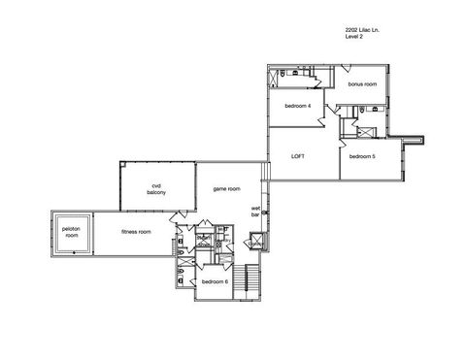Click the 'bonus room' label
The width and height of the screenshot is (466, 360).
[362, 85]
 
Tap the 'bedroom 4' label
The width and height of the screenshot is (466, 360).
[297, 106]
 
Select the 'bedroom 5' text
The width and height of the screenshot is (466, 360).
[362, 156]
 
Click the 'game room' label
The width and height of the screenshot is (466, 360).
[227, 188]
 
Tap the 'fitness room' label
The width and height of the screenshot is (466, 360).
[136, 233]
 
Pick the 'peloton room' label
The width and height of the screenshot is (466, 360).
[70, 233]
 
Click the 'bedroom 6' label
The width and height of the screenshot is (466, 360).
[215, 281]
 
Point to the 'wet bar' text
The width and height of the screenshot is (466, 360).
[256, 211]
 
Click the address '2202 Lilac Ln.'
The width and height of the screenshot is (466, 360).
[362, 30]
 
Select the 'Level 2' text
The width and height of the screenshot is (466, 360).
[354, 38]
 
